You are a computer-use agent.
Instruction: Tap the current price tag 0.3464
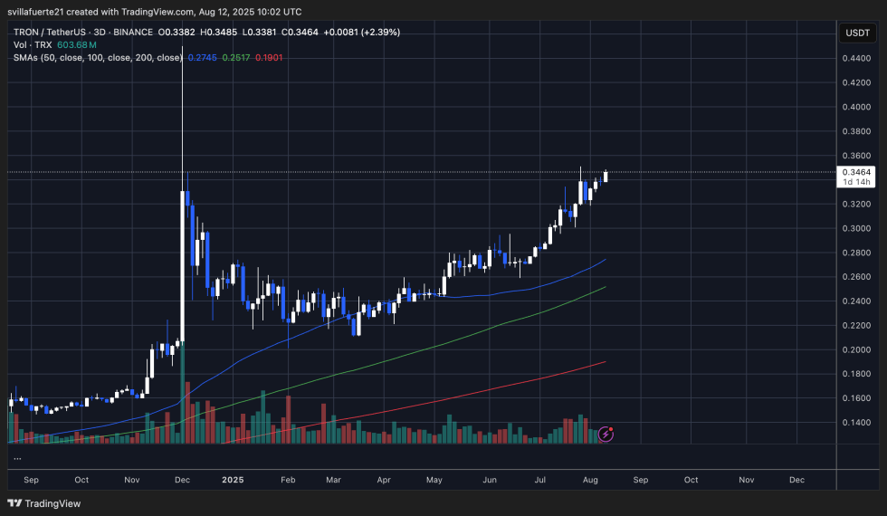(855, 172)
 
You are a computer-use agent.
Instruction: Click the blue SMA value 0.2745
(202, 57)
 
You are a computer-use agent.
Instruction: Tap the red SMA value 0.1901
(269, 57)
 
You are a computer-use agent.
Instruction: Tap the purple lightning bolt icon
(606, 435)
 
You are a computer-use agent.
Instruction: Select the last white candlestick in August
(605, 177)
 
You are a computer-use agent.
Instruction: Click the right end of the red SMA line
(604, 362)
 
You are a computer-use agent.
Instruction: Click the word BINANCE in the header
(131, 32)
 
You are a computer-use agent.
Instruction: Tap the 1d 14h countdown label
(855, 182)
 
